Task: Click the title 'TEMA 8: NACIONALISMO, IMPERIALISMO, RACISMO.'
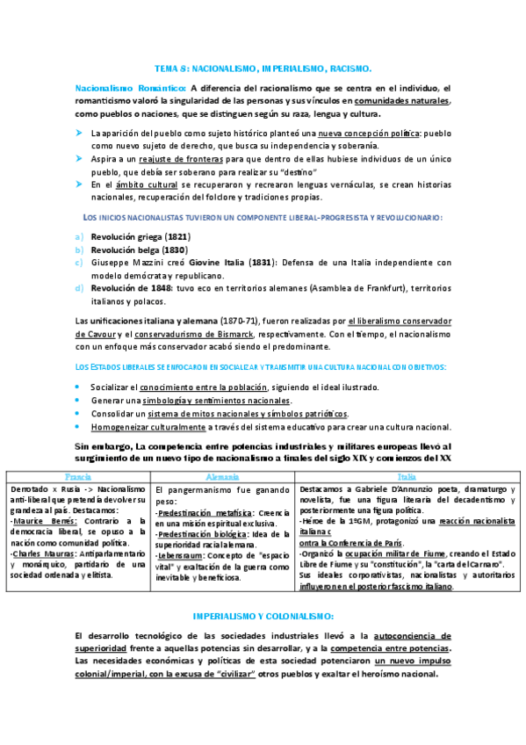tap(263, 68)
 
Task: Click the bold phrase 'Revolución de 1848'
tap(132, 288)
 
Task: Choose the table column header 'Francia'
tap(78, 475)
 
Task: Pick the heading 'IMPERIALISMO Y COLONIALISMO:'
tap(263, 617)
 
